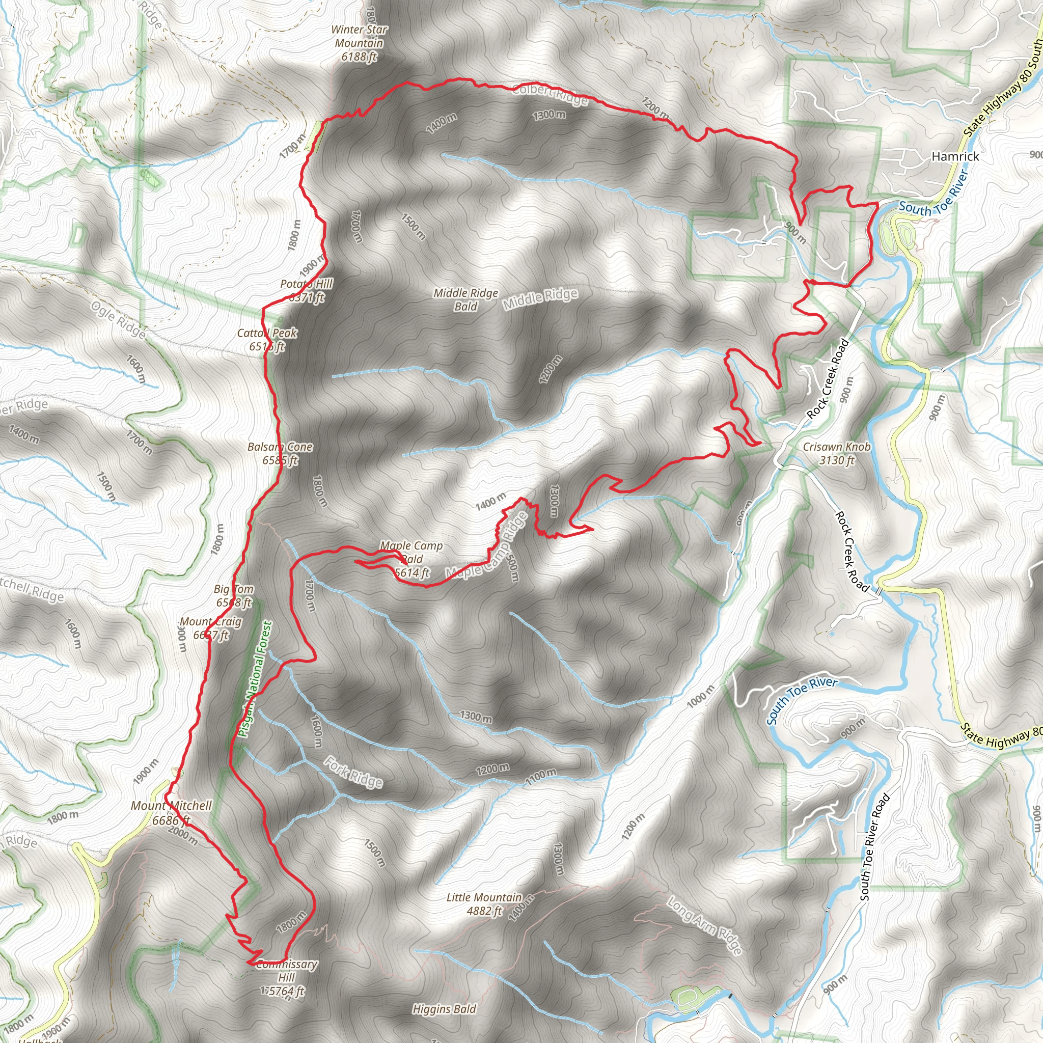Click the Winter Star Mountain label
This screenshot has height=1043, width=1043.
(359, 43)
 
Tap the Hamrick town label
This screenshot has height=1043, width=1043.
(955, 156)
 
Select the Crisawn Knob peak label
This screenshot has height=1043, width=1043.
(836, 453)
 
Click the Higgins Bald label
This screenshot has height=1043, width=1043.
(444, 1008)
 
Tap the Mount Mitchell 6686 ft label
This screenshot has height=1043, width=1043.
(171, 813)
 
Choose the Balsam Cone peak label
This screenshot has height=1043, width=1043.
(280, 453)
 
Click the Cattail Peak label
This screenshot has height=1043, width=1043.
(267, 340)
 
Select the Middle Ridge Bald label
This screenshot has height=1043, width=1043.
(465, 299)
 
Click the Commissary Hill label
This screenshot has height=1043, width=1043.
(286, 977)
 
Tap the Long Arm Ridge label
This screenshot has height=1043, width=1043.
(704, 925)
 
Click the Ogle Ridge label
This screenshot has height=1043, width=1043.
(118, 320)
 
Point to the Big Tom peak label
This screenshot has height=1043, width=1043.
(234, 595)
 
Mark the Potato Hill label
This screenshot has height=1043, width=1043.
(306, 290)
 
